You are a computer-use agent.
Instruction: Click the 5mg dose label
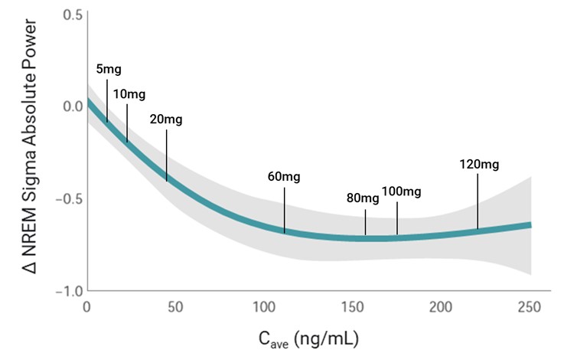point(109,70)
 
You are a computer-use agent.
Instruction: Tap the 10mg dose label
point(129,94)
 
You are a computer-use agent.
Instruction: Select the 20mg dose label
point(166,119)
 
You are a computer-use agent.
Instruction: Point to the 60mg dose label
point(284,177)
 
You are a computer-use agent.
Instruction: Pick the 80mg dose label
point(363,198)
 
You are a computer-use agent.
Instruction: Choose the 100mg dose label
point(401,191)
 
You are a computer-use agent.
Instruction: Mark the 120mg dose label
point(479,164)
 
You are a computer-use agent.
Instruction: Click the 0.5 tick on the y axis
point(73,15)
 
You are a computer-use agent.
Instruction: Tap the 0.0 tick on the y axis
point(73,106)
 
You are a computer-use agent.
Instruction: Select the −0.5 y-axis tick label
point(70,199)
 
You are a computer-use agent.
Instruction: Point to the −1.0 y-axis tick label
point(70,292)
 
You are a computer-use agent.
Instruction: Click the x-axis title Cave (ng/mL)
point(309,337)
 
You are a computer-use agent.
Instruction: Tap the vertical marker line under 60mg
point(284,208)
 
